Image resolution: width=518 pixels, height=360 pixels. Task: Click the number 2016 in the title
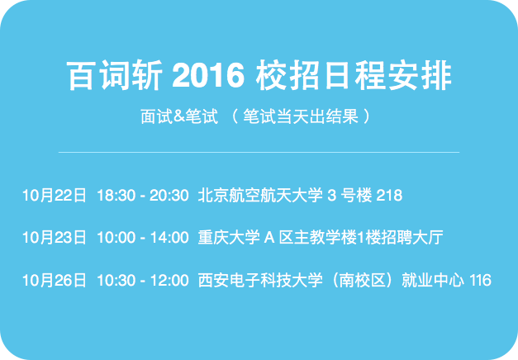pos(208,75)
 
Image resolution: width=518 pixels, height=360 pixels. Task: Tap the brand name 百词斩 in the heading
pos(115,75)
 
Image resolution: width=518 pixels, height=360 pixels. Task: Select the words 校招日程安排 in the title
pos(354,75)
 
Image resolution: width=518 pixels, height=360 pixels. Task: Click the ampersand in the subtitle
pos(178,116)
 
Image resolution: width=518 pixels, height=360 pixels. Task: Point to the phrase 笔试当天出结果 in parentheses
pos(301,116)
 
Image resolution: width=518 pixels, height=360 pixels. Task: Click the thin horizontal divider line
pos(259,152)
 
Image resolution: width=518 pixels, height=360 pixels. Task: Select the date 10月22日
pos(55,195)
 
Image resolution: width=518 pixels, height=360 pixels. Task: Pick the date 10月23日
pos(55,238)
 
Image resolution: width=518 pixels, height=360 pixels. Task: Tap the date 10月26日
pos(55,280)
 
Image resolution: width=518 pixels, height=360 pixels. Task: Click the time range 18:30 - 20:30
pos(143,195)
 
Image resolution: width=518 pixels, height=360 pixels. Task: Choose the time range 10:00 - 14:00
pos(143,238)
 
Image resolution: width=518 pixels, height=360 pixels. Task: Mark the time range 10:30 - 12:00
pos(143,280)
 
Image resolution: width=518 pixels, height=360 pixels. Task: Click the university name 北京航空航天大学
pos(260,195)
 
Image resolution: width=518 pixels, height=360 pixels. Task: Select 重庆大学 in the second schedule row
pos(229,238)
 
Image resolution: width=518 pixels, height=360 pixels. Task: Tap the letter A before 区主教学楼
pos(269,238)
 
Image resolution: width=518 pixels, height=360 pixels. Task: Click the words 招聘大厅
pos(412,238)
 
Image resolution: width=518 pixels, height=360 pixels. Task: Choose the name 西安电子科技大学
pos(260,280)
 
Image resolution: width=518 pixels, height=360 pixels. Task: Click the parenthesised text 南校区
pos(363,280)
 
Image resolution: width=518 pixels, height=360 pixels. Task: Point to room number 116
pos(480,280)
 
